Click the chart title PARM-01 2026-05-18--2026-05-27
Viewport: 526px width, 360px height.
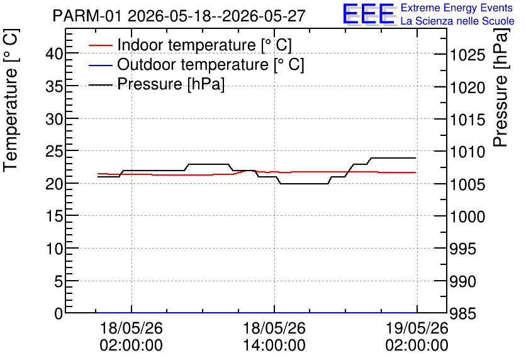(x=179, y=16)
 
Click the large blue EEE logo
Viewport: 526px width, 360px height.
(x=369, y=14)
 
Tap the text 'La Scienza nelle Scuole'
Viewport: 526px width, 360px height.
(x=457, y=21)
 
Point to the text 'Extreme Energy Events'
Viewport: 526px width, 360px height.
(x=457, y=8)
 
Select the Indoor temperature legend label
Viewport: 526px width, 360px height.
(x=204, y=45)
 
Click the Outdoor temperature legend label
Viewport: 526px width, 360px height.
(x=211, y=64)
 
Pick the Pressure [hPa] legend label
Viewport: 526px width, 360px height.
(x=171, y=84)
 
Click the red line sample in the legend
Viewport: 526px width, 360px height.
(x=100, y=45)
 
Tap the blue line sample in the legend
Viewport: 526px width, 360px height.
(x=100, y=65)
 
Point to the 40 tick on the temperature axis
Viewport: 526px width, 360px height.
(x=54, y=53)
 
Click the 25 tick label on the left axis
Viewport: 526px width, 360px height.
(x=54, y=151)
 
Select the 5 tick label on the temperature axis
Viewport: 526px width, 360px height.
(x=59, y=281)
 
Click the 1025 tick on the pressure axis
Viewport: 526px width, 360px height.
(x=467, y=55)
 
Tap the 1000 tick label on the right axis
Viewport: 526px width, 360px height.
(x=467, y=217)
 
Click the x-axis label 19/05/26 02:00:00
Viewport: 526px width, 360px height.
(x=417, y=337)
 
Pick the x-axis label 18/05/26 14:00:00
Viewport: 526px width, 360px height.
(x=274, y=337)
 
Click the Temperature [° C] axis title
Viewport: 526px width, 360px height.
(x=11, y=100)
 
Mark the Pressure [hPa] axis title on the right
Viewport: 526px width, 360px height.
(x=501, y=88)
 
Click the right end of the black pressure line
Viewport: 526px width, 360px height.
(x=416, y=158)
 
